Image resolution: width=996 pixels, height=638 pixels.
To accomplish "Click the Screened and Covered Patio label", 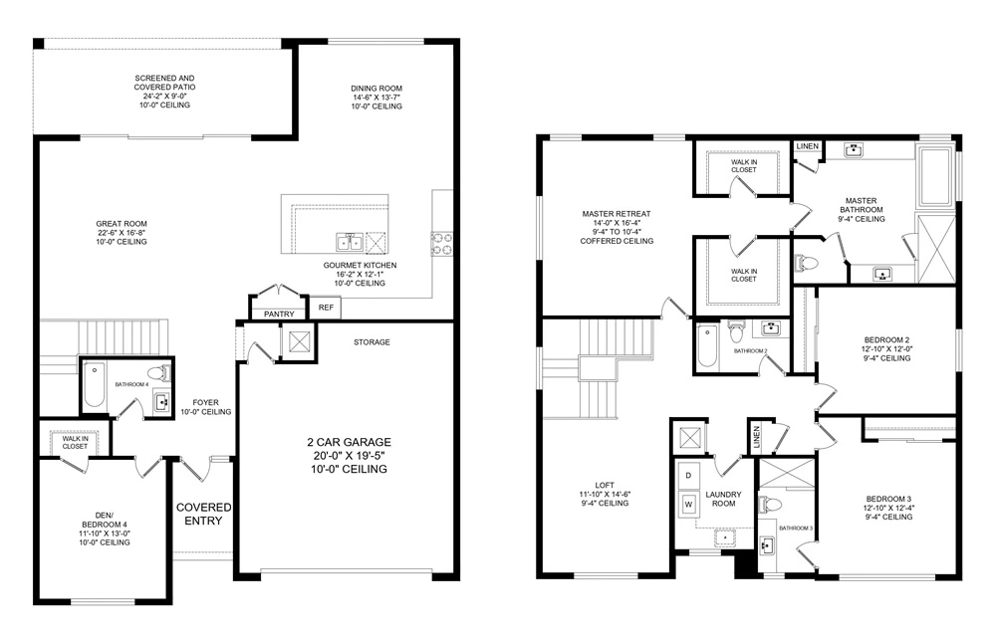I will pos(165,91).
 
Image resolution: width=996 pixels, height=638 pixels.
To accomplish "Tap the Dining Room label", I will pos(376,98).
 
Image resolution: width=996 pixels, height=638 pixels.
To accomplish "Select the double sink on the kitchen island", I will pos(349,242).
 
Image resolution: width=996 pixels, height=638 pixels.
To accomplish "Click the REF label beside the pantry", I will pos(326,308).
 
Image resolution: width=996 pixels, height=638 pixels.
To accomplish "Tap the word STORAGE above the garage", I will pos(372,342).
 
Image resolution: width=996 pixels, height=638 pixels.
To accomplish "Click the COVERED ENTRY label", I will pos(204,515).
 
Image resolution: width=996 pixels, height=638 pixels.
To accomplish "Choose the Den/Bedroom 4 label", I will pos(105,529).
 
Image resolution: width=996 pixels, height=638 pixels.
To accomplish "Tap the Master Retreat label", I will pos(617,227).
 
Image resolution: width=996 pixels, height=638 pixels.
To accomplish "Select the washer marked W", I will pos(688,505).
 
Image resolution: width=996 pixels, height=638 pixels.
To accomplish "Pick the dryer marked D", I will pos(688,476).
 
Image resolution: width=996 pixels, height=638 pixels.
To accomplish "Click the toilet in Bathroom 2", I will pos(737,328).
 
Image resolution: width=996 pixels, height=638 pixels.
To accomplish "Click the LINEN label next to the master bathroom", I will pos(807,147).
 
